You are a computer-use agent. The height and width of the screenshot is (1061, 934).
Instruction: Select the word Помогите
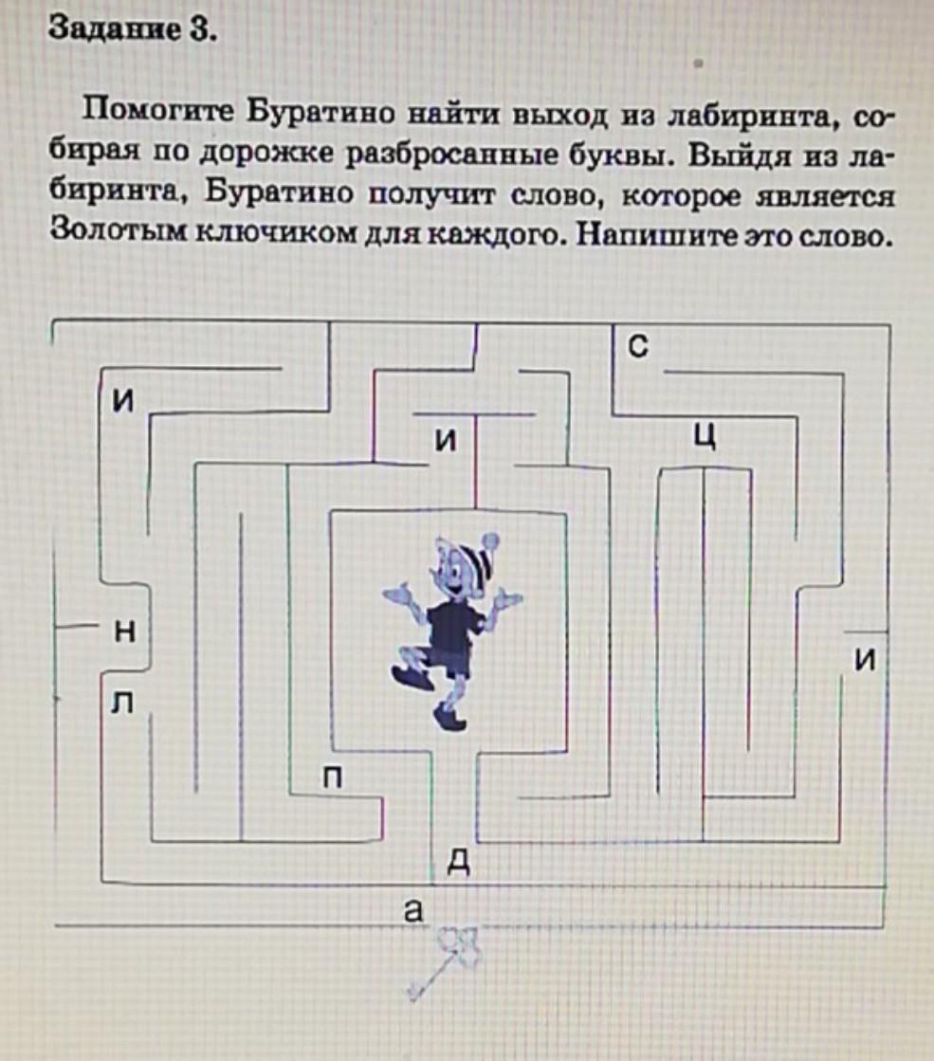pos(156,118)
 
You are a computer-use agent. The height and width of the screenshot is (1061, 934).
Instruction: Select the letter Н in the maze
pos(122,632)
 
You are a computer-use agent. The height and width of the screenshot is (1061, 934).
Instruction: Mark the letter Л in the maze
pos(120,703)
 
